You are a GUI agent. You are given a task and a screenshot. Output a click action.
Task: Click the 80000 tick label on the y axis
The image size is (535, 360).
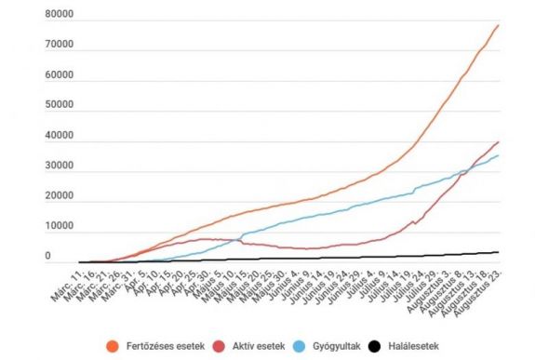(x=59, y=16)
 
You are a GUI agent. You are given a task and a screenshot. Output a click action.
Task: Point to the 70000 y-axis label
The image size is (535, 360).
(x=59, y=46)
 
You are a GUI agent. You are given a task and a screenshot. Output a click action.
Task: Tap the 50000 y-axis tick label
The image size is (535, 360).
(x=59, y=106)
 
